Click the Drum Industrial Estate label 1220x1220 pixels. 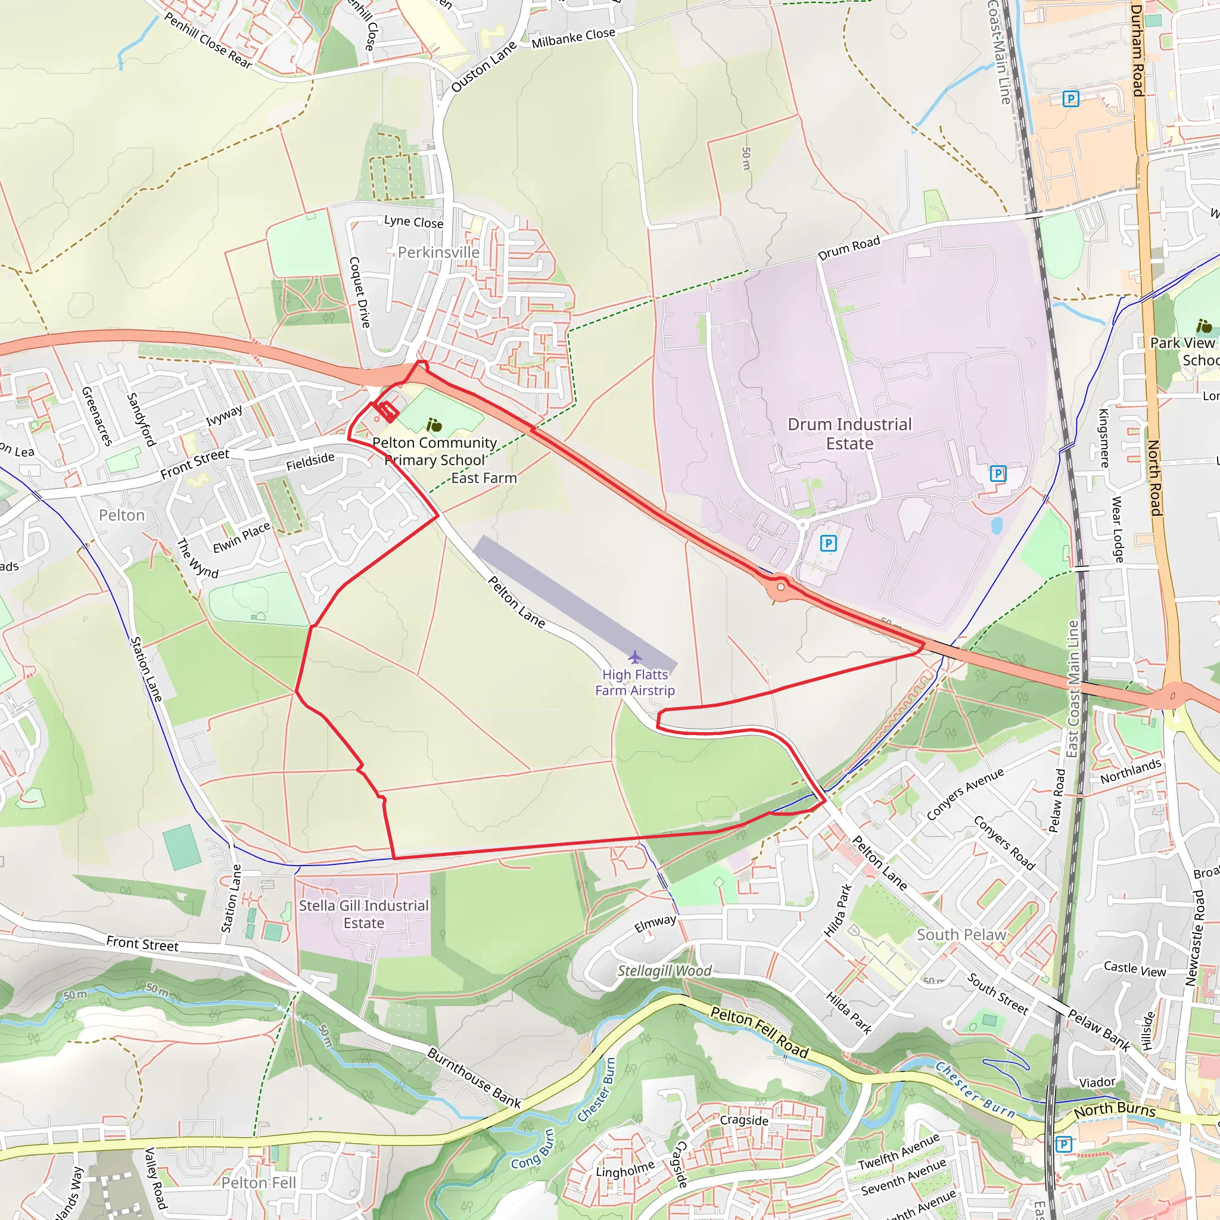849,434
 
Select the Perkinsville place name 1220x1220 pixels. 438,253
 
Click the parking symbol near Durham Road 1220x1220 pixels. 1070,98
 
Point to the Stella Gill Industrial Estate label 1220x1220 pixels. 364,914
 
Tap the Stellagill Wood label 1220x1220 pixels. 664,970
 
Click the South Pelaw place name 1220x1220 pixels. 961,935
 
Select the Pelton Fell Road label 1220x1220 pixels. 759,1032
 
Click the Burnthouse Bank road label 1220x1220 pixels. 474,1078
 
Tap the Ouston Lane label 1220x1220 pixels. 484,66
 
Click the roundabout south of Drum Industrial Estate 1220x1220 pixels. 781,587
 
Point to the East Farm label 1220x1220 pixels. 484,478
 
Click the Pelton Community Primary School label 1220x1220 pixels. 434,452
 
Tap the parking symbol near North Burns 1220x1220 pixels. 1063,1144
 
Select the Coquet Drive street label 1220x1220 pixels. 359,292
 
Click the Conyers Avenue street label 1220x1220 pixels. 964,795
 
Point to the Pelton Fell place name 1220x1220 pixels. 259,1182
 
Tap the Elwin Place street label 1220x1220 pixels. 241,538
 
